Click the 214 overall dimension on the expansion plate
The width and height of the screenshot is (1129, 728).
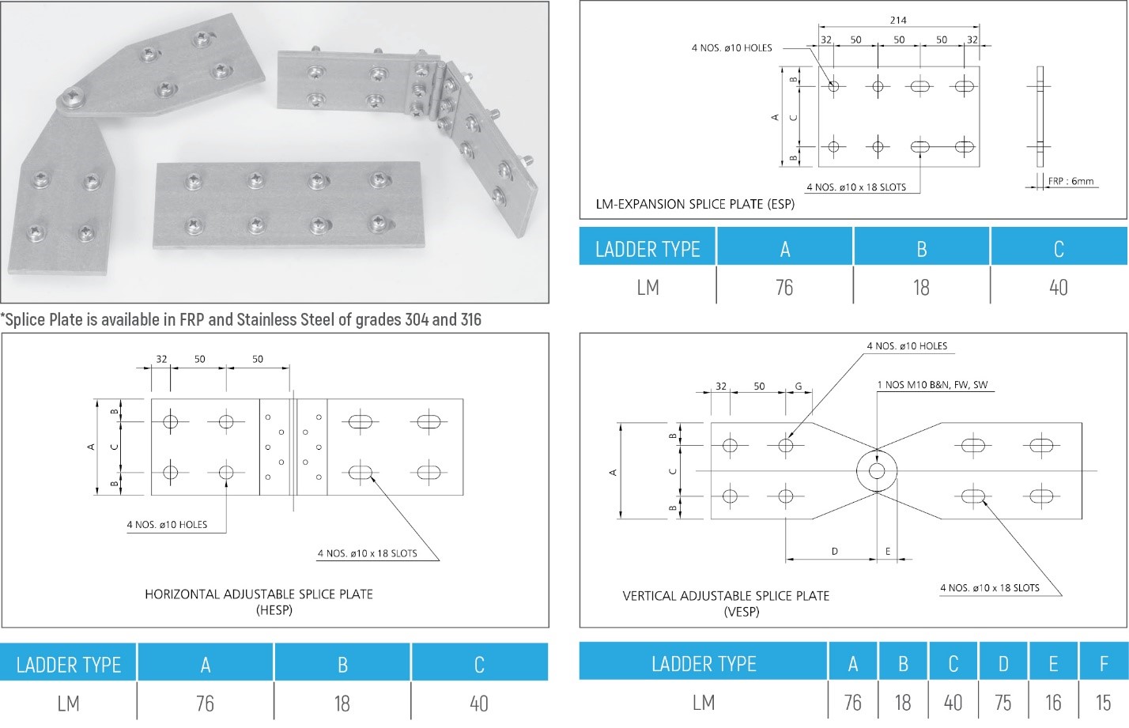pos(898,21)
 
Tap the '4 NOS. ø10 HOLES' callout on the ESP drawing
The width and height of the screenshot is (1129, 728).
pos(731,48)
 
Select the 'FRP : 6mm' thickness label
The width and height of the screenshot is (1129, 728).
pos(1070,181)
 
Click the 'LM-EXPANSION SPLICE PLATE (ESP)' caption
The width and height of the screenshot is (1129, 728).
pos(695,204)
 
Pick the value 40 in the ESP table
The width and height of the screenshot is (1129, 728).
pos(1058,288)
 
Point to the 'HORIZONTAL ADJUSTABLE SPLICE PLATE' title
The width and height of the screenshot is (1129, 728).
pos(259,594)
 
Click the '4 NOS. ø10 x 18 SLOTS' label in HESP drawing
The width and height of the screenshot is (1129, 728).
pos(367,553)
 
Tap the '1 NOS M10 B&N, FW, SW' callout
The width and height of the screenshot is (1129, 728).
pos(932,385)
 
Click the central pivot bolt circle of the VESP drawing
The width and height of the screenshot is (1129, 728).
pos(877,471)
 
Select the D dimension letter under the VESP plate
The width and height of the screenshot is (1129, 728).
pos(834,552)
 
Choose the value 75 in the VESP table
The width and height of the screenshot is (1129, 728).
pos(1003,703)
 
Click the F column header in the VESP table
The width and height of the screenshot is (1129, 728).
pos(1103,664)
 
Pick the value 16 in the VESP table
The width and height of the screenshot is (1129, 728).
pos(1053,703)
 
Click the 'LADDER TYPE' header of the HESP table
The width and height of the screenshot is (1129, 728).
pos(69,665)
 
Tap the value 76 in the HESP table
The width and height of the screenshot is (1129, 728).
pos(205,703)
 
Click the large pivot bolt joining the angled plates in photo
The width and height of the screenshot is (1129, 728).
pos(73,97)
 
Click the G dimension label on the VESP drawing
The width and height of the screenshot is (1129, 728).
pos(799,387)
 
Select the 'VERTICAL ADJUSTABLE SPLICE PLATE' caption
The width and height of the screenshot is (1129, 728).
pos(726,596)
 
